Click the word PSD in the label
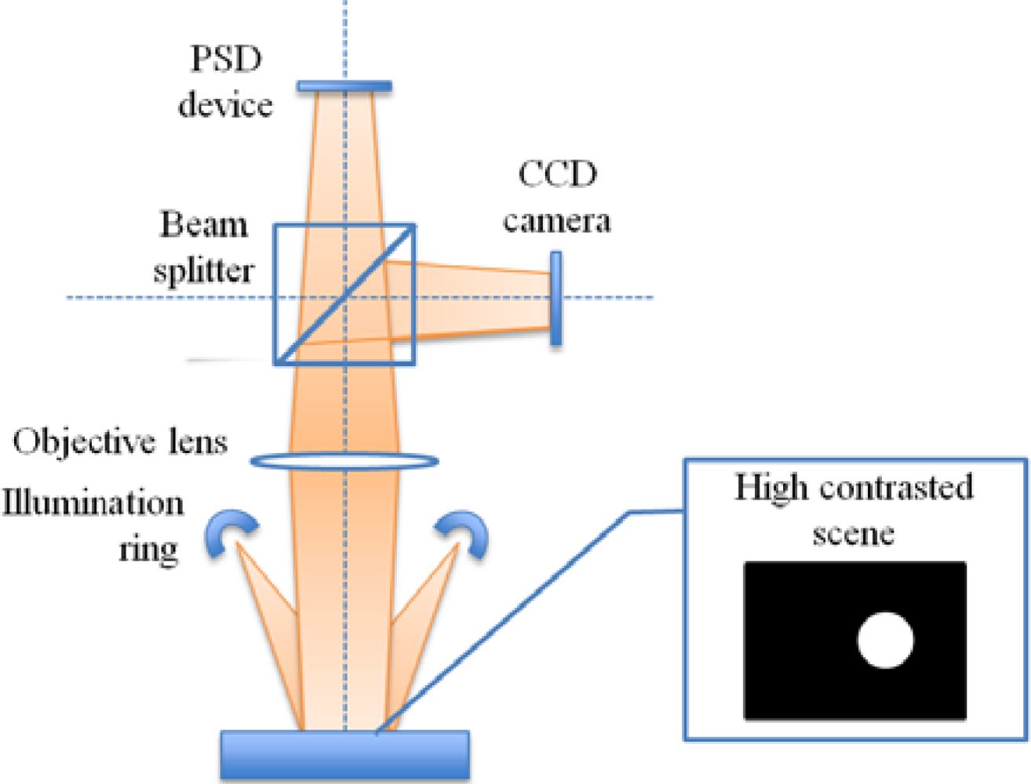coord(225,59)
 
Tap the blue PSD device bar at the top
coord(344,85)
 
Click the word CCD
coord(557,174)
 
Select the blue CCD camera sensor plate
coord(556,298)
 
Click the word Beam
coord(204,225)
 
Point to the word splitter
coord(204,271)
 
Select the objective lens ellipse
coord(344,461)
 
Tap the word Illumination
coord(93,503)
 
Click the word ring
coord(148,549)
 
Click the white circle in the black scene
coord(885,640)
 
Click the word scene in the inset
coord(853,534)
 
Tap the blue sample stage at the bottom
coord(344,755)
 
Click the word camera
coord(557,221)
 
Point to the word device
coord(225,104)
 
